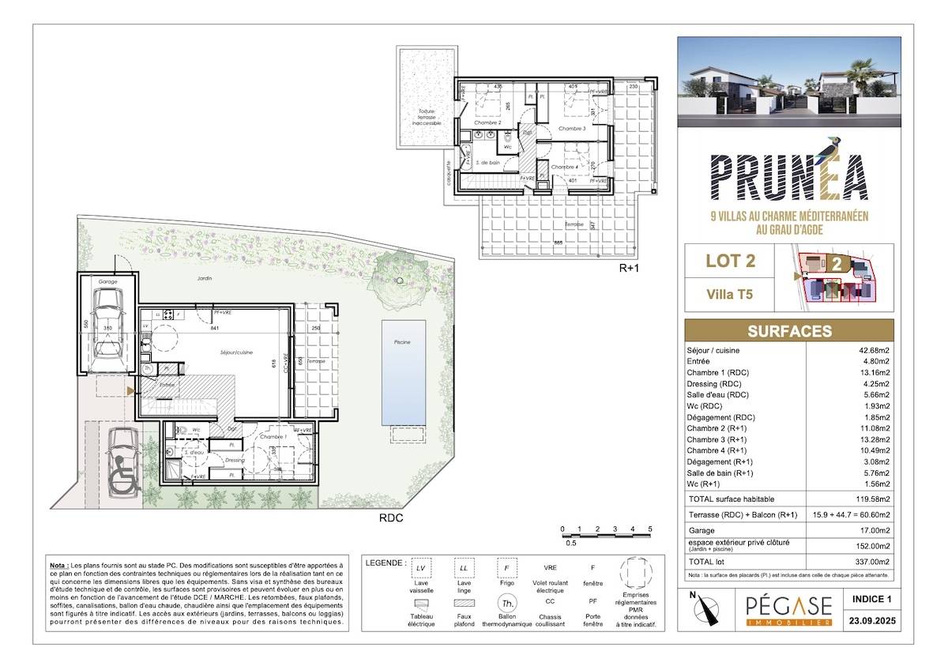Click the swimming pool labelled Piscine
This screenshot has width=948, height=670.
point(403,371)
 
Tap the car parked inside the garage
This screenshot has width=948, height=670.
point(107,324)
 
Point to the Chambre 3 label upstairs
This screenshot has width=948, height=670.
point(572,128)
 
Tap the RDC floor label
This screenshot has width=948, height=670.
point(391,518)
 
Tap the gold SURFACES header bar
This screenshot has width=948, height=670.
point(789,330)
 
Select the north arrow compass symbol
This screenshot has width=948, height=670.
point(704,608)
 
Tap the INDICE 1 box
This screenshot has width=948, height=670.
point(871,600)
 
